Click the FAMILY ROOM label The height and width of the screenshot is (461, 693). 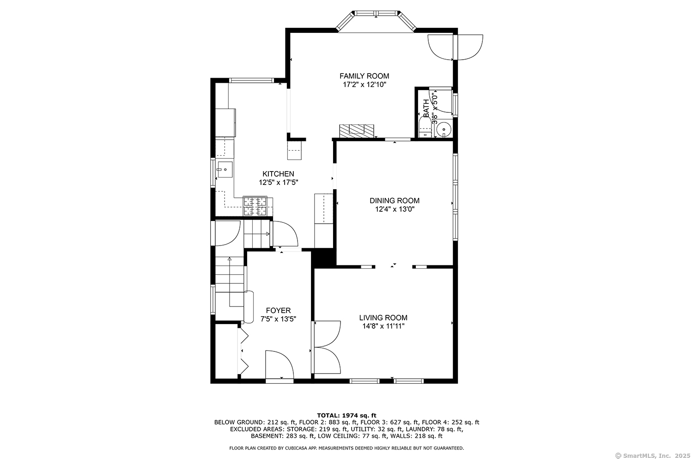click(364, 76)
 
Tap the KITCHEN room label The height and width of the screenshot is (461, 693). click(278, 174)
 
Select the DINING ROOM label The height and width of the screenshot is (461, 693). click(395, 200)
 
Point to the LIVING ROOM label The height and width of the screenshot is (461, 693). click(383, 317)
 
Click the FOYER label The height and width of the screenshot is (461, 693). click(278, 310)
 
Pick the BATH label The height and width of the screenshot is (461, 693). click(426, 108)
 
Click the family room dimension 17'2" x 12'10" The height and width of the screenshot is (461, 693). click(365, 85)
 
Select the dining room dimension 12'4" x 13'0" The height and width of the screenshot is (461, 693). click(395, 209)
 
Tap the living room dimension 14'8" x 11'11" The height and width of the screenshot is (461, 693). click(383, 326)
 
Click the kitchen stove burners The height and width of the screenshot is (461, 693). click(255, 206)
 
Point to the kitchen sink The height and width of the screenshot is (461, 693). click(225, 169)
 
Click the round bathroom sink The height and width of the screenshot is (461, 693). click(444, 130)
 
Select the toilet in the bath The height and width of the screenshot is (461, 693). click(425, 128)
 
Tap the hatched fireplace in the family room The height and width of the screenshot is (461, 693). click(356, 131)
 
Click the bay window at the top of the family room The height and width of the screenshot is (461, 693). click(376, 20)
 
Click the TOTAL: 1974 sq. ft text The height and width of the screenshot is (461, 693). click(346, 416)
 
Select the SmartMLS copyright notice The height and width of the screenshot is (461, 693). click(652, 456)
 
